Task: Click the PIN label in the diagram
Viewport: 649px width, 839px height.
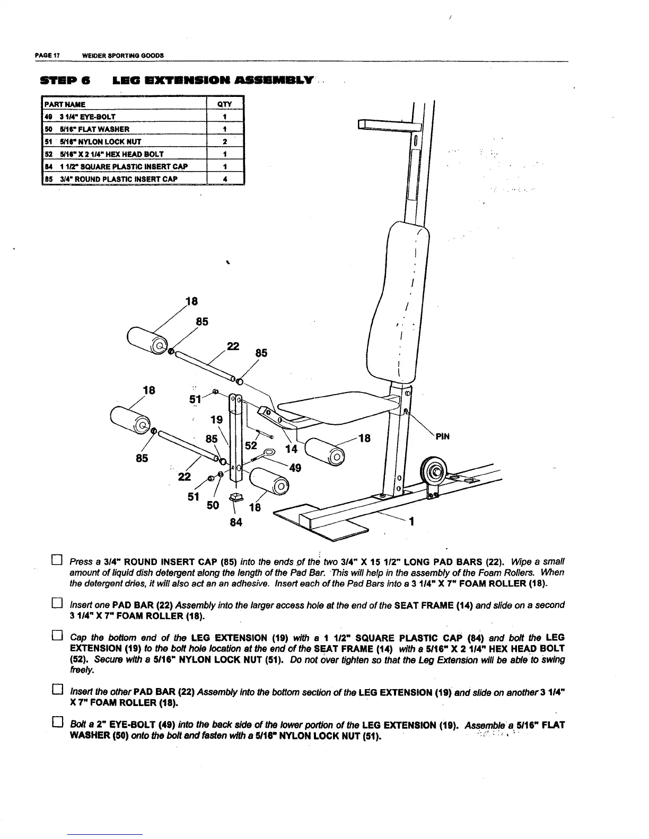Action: pyautogui.click(x=443, y=437)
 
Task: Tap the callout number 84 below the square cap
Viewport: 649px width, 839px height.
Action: pyautogui.click(x=236, y=523)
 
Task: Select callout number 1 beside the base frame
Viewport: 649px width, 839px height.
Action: pyautogui.click(x=411, y=522)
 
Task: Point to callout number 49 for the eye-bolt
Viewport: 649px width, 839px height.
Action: pyautogui.click(x=295, y=468)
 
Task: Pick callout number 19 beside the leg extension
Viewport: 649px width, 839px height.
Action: pyautogui.click(x=216, y=420)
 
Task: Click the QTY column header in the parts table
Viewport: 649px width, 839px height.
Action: pyautogui.click(x=225, y=104)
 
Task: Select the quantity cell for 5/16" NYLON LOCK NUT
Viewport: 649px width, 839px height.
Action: pyautogui.click(x=225, y=141)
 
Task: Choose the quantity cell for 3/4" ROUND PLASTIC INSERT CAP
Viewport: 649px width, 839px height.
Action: pyautogui.click(x=225, y=179)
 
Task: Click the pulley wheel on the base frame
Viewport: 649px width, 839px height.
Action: pyautogui.click(x=434, y=471)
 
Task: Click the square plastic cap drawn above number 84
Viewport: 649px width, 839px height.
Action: pyautogui.click(x=236, y=497)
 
